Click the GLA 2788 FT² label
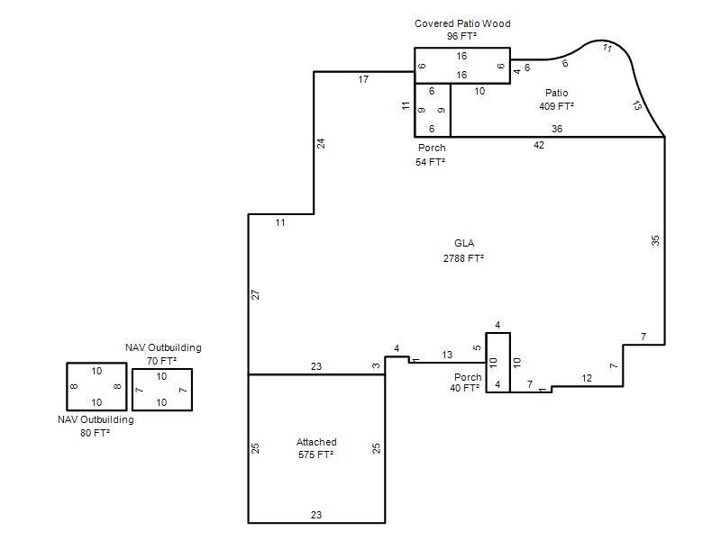(x=463, y=251)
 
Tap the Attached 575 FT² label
(x=316, y=448)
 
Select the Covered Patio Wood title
(x=462, y=23)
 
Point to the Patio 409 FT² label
(x=556, y=100)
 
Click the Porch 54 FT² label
(x=431, y=155)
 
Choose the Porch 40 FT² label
(x=465, y=382)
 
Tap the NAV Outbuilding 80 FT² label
(x=96, y=426)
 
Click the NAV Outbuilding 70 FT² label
(x=163, y=354)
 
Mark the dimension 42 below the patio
(x=539, y=145)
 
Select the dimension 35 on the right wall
(x=655, y=240)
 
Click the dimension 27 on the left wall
(x=256, y=295)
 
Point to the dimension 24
(x=321, y=143)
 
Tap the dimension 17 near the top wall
(x=363, y=79)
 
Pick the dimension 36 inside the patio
(x=557, y=129)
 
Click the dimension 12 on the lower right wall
(x=587, y=378)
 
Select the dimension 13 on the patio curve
(x=637, y=105)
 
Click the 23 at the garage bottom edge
(x=316, y=515)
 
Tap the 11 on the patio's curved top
(x=607, y=48)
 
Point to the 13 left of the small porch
(x=447, y=355)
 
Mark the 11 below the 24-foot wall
(x=280, y=222)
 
